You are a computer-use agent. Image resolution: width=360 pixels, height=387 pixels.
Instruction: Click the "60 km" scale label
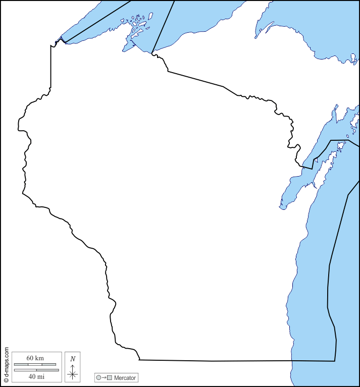pos(35,358)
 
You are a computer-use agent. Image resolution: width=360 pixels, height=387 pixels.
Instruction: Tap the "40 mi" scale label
pos(36,376)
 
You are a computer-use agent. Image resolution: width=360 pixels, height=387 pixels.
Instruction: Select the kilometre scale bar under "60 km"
pos(35,364)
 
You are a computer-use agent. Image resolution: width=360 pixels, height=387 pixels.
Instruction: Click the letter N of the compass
pos(73,359)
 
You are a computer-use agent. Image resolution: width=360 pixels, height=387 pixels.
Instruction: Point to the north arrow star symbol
pos(73,374)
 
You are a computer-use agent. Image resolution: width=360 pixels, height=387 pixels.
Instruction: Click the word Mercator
pos(125,377)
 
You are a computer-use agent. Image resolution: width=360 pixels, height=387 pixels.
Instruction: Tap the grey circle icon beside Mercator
pos(99,377)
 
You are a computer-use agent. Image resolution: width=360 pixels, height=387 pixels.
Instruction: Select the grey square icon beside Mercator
pos(109,377)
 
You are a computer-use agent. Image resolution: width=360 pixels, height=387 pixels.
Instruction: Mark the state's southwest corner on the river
pos(139,359)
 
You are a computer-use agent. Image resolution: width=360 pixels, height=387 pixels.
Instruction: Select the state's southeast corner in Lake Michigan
pos(335,361)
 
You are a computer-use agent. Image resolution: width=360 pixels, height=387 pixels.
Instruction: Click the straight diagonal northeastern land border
pos(197,79)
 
